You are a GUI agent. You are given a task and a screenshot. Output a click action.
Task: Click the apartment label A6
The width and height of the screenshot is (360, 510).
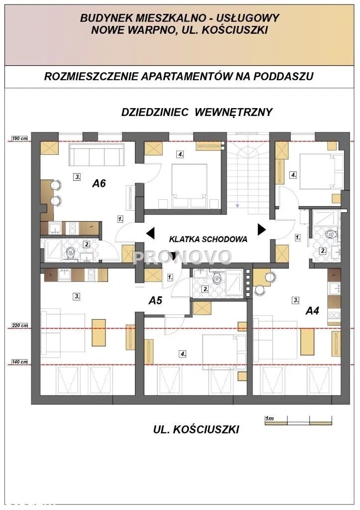click(x=100, y=183)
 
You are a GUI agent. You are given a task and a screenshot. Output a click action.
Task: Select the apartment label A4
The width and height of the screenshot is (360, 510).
click(x=312, y=311)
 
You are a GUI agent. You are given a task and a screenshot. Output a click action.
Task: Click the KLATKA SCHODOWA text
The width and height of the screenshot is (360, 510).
click(x=208, y=239)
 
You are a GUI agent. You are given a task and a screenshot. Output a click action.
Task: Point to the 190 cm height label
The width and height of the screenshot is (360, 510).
click(x=20, y=138)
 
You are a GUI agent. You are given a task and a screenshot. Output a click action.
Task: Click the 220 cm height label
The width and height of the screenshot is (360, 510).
click(x=20, y=326)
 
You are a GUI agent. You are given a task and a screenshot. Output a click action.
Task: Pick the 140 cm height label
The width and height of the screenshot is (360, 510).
click(x=20, y=362)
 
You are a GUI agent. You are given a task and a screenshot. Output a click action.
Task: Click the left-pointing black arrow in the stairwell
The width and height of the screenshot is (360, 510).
click(x=150, y=232)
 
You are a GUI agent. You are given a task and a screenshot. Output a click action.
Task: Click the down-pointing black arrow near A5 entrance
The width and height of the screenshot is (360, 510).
click(x=173, y=256)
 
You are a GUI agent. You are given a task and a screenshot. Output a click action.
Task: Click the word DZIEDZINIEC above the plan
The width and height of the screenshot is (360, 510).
click(x=154, y=112)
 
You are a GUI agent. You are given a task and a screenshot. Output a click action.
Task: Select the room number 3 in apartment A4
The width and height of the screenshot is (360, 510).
click(x=296, y=300)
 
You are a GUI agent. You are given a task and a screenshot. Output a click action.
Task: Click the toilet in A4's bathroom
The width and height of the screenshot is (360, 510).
click(x=329, y=234)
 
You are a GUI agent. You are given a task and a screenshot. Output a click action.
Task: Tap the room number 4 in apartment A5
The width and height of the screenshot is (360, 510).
click(x=183, y=354)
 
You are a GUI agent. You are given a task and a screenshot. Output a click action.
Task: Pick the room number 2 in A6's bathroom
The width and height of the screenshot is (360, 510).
click(x=86, y=244)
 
